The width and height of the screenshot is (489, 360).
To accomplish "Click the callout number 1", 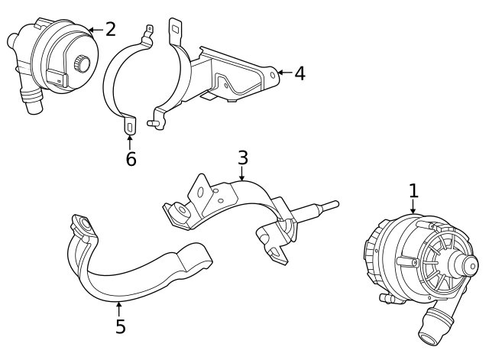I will [x=413, y=190].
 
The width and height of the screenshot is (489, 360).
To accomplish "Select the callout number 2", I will [x=111, y=30].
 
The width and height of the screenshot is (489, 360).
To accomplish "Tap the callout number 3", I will [x=242, y=158].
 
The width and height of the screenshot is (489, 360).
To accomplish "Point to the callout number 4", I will [x=299, y=73].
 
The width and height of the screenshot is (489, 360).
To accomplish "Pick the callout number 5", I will [x=120, y=326].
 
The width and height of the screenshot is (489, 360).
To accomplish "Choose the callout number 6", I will [x=131, y=159].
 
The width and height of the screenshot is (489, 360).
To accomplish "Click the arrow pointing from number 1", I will [x=413, y=209].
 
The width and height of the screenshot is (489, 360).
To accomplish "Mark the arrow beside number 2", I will [x=94, y=30].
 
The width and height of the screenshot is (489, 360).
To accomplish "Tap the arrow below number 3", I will [x=242, y=175].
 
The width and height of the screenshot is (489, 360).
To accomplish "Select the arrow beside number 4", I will [x=283, y=73].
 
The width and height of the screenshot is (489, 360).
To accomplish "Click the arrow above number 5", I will [x=119, y=309].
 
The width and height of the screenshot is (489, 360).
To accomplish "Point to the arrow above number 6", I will [x=130, y=142].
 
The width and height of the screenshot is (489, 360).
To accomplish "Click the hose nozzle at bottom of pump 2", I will [x=32, y=102].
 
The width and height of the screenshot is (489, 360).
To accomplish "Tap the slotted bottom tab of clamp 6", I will [x=130, y=125].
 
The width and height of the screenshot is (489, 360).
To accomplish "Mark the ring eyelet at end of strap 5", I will [x=81, y=224].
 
